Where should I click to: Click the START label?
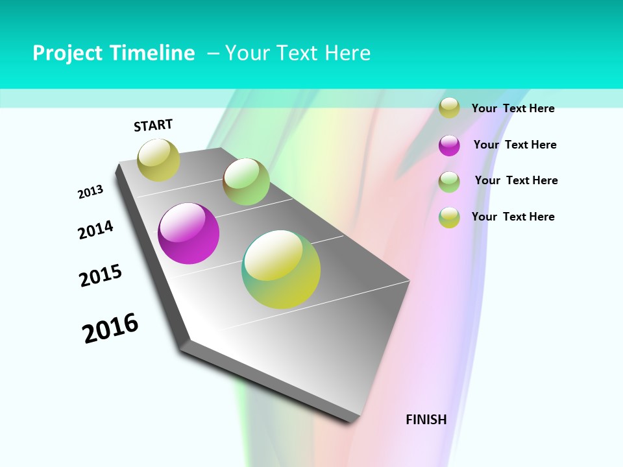click(153, 125)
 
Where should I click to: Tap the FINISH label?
click(426, 420)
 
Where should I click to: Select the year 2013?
click(90, 192)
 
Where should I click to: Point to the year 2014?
click(95, 230)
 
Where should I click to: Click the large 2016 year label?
click(110, 328)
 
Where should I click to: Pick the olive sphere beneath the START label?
click(159, 160)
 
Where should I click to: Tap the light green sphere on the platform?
click(246, 181)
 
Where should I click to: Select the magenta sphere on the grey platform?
click(189, 233)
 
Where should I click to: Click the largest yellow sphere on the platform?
click(281, 269)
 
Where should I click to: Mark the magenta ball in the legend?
click(449, 145)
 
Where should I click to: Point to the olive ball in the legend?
click(449, 108)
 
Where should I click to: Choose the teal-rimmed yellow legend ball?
click(449, 217)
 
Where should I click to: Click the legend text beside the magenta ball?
click(515, 145)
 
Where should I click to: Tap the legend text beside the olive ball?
click(513, 108)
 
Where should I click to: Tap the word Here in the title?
click(348, 53)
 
